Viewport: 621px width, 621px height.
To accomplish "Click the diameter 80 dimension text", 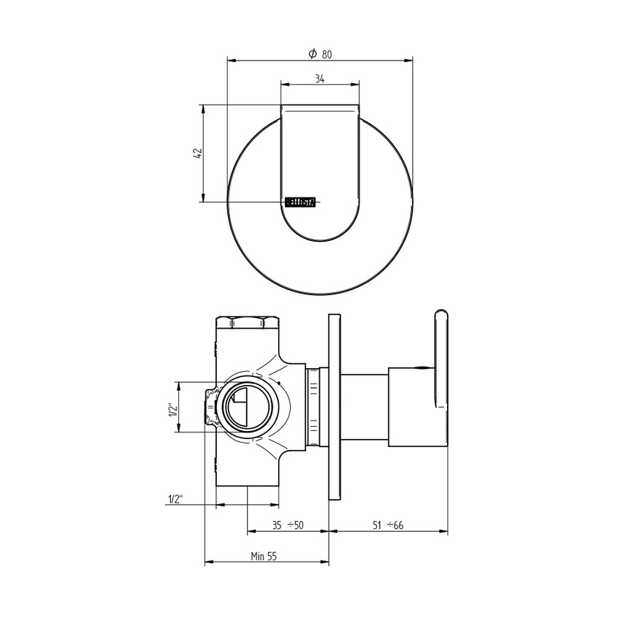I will pos(319,53).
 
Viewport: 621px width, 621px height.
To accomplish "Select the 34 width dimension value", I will pos(320,79).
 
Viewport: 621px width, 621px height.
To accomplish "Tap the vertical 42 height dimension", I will pos(195,153).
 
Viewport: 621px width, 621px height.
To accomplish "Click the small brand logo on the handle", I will pos(300,202).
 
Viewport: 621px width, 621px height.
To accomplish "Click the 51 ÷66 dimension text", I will pos(389,525).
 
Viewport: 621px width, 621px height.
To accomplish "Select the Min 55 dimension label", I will pos(264,556).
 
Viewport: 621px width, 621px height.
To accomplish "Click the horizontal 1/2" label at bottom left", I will pos(175,499).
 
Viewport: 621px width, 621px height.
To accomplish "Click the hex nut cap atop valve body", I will pos(249,322).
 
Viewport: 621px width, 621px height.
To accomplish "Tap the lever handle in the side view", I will pos(441,365).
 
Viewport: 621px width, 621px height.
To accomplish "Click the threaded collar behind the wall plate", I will pos(314,407).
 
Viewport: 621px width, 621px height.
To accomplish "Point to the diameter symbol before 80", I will pos(312,53).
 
